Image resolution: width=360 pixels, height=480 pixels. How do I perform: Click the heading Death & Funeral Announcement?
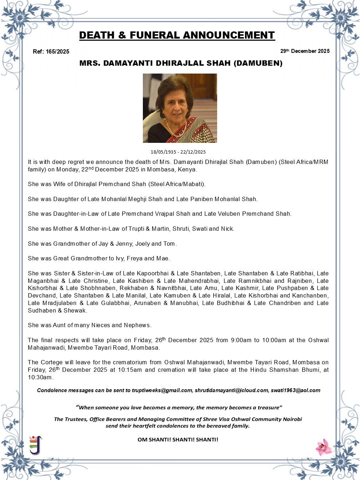pyautogui.click(x=177, y=35)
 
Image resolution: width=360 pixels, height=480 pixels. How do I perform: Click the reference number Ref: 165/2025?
pyautogui.click(x=51, y=51)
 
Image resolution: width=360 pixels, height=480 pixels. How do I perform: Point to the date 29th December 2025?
pyautogui.click(x=305, y=51)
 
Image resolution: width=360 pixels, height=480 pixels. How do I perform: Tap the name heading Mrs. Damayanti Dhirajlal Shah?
pyautogui.click(x=181, y=64)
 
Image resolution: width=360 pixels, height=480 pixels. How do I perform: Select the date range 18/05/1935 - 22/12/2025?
pyautogui.click(x=178, y=152)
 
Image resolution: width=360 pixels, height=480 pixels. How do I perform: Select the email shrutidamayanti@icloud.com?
pyautogui.click(x=231, y=390)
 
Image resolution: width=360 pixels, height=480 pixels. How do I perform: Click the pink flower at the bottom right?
pyautogui.click(x=324, y=447)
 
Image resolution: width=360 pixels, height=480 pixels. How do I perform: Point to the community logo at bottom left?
pyautogui.click(x=35, y=445)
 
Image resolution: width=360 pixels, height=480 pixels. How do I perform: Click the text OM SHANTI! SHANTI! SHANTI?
pyautogui.click(x=178, y=440)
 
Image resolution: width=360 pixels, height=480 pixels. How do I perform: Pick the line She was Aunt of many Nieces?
pyautogui.click(x=90, y=325)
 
